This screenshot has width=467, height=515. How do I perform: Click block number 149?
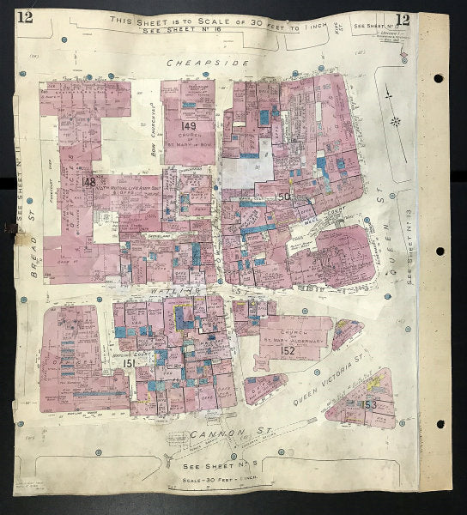point(189,127)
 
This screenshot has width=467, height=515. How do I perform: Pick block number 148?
point(88,182)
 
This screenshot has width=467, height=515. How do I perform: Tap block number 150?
point(284,197)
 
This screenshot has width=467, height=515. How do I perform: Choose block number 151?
point(127,364)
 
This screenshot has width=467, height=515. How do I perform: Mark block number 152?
point(288,350)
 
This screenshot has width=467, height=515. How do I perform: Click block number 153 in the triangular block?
point(369,404)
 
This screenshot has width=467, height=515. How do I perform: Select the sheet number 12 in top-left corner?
point(24,20)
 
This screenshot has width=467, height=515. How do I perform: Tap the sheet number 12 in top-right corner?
point(402,20)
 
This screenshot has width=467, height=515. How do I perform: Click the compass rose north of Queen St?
point(395,121)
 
